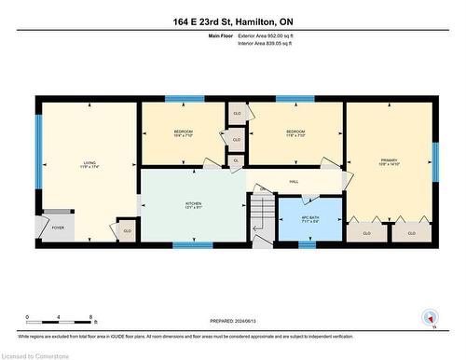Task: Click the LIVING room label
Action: tap(89, 165)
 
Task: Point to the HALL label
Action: tap(294, 182)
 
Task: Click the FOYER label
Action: tap(58, 227)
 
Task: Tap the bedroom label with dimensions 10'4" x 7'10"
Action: tap(183, 133)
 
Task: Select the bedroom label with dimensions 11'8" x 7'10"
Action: tap(295, 133)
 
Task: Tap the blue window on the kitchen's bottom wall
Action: tap(193, 244)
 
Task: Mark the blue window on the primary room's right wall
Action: tap(434, 159)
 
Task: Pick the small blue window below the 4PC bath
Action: tap(307, 244)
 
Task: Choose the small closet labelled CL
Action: tap(236, 160)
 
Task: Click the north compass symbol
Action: tap(429, 317)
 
